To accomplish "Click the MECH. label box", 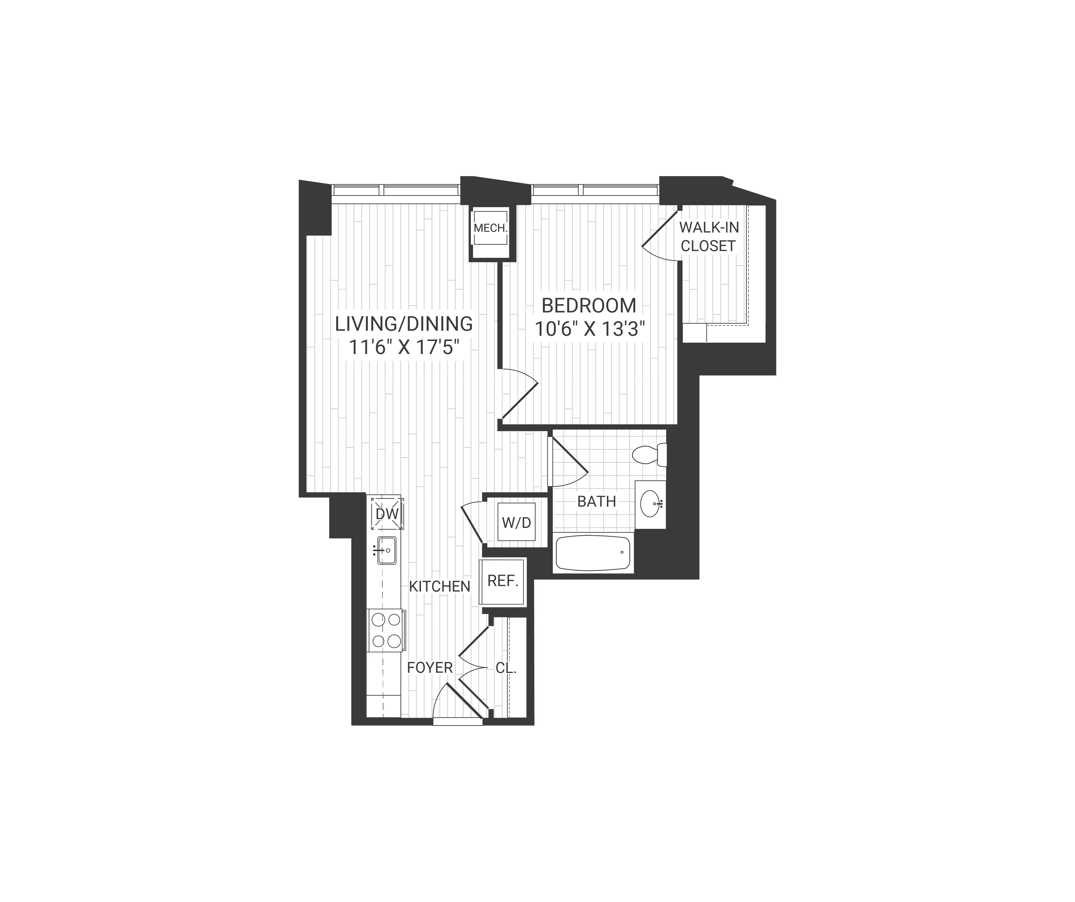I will click(x=490, y=228).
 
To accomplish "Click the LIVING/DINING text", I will click(x=404, y=324).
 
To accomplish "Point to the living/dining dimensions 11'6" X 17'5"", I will click(x=404, y=348).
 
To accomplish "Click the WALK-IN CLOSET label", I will click(x=708, y=237).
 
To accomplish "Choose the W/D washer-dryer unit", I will click(x=516, y=523).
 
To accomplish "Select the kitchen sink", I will click(x=386, y=550).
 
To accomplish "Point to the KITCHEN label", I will click(x=439, y=587).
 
